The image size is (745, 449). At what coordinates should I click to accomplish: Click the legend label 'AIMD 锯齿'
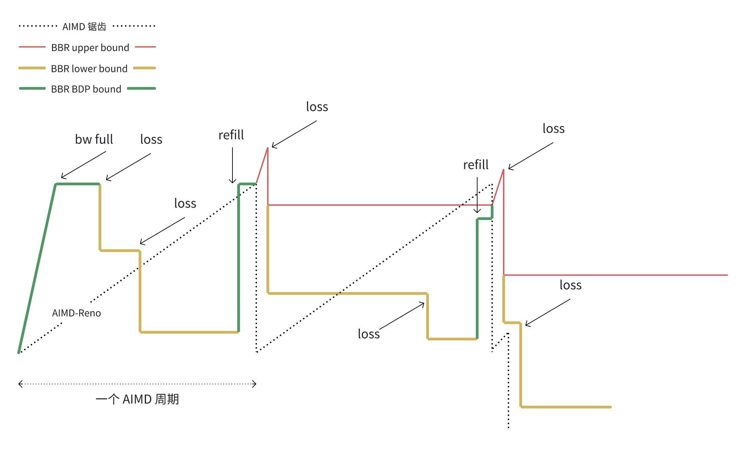click(84, 27)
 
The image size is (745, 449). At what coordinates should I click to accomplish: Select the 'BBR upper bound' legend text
click(90, 48)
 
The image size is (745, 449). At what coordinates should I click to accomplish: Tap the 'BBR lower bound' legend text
click(89, 69)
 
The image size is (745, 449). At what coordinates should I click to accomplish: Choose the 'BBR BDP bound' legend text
click(86, 89)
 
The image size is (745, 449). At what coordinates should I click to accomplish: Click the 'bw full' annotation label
click(94, 139)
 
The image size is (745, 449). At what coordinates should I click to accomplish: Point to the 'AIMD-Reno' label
click(76, 313)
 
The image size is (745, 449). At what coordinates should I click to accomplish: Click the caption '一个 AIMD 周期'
click(137, 399)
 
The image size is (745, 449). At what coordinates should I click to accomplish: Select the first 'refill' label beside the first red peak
click(231, 135)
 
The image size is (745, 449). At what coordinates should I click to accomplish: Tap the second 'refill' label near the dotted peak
click(476, 165)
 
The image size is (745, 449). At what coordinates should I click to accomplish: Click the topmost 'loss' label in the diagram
click(317, 107)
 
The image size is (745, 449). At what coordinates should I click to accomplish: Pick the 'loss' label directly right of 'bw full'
click(151, 139)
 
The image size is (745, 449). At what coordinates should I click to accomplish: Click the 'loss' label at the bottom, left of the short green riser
click(369, 334)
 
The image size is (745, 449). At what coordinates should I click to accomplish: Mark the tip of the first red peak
click(268, 148)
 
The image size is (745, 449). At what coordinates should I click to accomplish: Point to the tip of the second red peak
click(503, 170)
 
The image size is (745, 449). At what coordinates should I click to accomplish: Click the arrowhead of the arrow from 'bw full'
click(62, 178)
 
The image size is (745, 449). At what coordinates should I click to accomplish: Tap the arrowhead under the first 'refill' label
click(232, 183)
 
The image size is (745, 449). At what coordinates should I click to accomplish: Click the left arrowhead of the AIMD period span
click(19, 384)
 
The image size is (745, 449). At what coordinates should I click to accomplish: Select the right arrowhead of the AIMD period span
click(255, 384)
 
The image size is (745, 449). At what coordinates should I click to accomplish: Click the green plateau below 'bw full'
click(78, 184)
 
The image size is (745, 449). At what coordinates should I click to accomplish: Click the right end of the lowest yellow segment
click(610, 407)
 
